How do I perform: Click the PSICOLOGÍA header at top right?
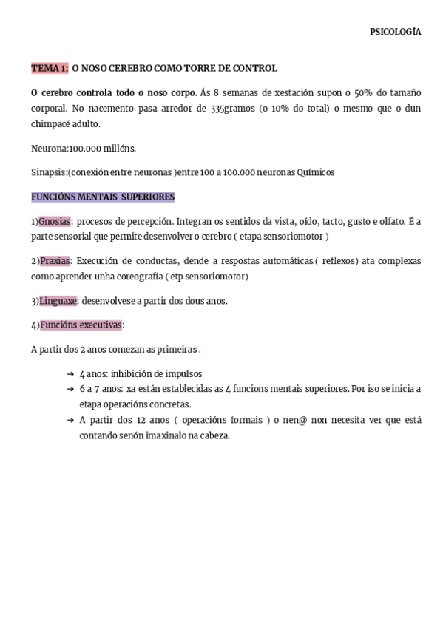pos(395,32)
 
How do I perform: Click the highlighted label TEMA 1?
pos(50,68)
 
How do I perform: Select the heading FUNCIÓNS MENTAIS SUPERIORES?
pos(103,197)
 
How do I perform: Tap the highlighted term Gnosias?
pos(55,221)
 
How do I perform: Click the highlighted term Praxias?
pos(54,261)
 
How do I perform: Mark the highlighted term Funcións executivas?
pos(81,325)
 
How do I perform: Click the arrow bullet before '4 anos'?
pos(70,374)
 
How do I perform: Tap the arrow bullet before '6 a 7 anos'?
pos(70,389)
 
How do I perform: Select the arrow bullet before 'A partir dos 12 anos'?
pos(70,420)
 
